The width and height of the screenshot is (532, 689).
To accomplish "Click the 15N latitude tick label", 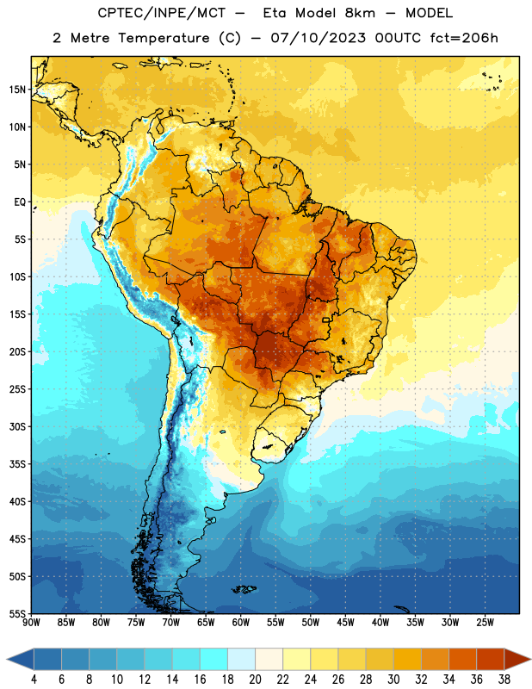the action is (17, 90).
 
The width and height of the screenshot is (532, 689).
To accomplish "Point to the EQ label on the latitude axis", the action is (20, 202).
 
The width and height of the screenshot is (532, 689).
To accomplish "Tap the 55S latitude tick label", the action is (17, 614).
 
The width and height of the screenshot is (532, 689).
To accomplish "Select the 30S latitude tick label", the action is (17, 426).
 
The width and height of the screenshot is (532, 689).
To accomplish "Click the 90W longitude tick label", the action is (31, 623).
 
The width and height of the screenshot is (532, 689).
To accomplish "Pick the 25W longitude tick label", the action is (485, 623).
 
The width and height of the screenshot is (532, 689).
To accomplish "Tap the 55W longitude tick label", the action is (275, 623).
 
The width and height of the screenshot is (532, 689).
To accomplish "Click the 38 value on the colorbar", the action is (504, 680).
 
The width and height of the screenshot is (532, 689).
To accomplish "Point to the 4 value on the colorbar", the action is (34, 680).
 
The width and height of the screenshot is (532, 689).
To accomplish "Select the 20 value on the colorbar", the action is (255, 680).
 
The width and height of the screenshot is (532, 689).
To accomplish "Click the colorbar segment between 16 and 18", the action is (213, 659).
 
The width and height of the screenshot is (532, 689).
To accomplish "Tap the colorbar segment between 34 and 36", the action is (462, 659).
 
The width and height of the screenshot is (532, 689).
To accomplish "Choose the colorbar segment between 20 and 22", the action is (269, 659).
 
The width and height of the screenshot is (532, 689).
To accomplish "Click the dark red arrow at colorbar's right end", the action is (517, 659).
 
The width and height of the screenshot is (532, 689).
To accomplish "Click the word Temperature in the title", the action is (164, 38).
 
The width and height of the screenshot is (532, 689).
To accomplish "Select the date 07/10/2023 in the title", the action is (318, 38).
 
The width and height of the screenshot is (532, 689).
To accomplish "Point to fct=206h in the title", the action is (463, 38).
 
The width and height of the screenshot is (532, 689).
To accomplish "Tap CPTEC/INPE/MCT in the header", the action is (161, 13).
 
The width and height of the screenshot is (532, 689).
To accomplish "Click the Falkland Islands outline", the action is (244, 589).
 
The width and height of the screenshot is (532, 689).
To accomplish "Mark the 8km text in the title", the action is (360, 13).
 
